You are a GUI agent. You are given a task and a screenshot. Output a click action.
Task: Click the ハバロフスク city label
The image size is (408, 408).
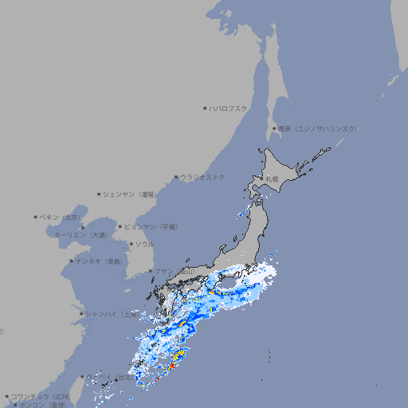229,108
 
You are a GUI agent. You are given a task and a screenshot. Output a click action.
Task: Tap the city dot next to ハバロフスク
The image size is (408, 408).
205,108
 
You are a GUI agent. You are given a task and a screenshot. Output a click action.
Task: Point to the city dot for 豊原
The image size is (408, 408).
274,128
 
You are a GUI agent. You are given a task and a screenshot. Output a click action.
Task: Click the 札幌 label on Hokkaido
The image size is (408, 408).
272,179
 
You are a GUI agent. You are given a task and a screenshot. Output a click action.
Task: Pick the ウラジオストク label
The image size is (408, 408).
202,177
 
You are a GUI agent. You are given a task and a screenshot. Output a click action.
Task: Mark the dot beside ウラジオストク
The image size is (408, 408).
176,178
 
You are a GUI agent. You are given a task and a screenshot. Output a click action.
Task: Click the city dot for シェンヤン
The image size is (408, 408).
99,194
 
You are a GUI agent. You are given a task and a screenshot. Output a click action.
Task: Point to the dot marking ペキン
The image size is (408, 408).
36,217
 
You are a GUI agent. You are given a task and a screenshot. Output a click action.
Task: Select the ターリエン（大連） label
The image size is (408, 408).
80,235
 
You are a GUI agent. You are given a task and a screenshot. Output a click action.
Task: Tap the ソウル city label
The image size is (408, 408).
144,244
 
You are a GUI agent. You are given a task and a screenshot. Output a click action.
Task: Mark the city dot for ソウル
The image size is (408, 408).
131,244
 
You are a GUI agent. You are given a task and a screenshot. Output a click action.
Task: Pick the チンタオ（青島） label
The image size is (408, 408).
99,261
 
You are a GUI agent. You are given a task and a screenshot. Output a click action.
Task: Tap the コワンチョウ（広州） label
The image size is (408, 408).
41,396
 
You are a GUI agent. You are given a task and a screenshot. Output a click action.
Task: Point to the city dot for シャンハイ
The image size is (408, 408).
81,314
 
